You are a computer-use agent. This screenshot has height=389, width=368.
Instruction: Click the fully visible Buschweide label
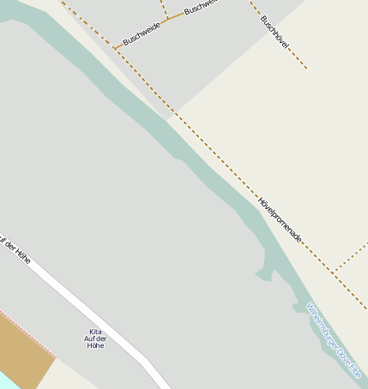point(142,33)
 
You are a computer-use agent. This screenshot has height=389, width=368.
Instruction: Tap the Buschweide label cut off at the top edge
point(202,7)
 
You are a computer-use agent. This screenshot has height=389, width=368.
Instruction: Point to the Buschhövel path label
point(274,30)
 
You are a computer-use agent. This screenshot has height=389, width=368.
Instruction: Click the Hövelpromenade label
point(280,218)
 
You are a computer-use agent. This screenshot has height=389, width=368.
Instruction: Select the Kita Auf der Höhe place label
point(94,338)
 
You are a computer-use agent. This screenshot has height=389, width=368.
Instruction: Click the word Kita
point(95,331)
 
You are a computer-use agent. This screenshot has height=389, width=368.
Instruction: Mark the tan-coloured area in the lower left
point(21,351)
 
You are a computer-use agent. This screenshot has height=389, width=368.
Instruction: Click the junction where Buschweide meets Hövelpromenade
point(114,48)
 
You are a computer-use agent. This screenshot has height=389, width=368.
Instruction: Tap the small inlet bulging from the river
point(266,274)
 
